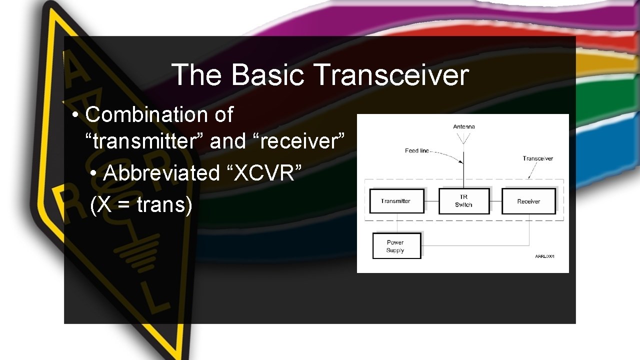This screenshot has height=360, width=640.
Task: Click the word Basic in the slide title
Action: point(267,75)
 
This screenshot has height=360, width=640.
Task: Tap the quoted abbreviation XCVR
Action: point(264,173)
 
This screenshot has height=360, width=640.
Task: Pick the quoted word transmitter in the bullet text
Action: point(145,141)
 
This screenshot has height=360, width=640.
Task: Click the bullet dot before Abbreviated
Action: point(95,173)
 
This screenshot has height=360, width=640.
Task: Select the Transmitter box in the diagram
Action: point(396,201)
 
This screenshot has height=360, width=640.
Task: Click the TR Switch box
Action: point(463,201)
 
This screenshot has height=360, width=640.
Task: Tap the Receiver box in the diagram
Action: point(528,201)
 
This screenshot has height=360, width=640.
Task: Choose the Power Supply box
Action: point(396,246)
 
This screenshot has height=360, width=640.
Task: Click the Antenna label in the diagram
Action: point(463,126)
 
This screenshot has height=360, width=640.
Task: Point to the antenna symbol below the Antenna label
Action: point(463,137)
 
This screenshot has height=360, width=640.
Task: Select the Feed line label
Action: point(417,150)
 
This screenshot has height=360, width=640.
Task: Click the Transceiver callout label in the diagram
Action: point(537,158)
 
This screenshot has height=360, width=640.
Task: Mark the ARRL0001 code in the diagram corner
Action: point(544,256)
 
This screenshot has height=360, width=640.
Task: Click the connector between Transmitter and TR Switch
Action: point(431,201)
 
